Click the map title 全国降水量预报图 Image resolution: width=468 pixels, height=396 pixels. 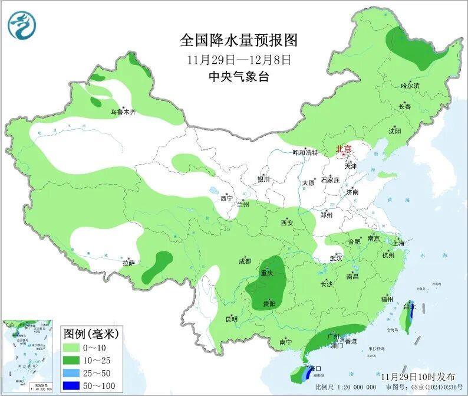(x=239, y=40)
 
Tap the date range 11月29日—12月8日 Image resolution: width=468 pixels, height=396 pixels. (x=239, y=60)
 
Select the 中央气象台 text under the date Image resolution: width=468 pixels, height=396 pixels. (x=239, y=77)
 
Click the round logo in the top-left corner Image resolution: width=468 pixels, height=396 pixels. (x=22, y=25)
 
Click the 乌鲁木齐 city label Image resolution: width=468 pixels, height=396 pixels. (x=123, y=112)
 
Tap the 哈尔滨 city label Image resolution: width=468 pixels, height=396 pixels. (x=410, y=86)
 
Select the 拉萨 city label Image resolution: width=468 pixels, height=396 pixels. (x=129, y=263)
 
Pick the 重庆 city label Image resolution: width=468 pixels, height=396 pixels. (x=266, y=273)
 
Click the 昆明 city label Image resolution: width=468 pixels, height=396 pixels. (x=232, y=319)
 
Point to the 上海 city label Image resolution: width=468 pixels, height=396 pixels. (x=398, y=243)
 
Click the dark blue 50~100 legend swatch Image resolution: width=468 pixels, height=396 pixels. (x=75, y=385)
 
